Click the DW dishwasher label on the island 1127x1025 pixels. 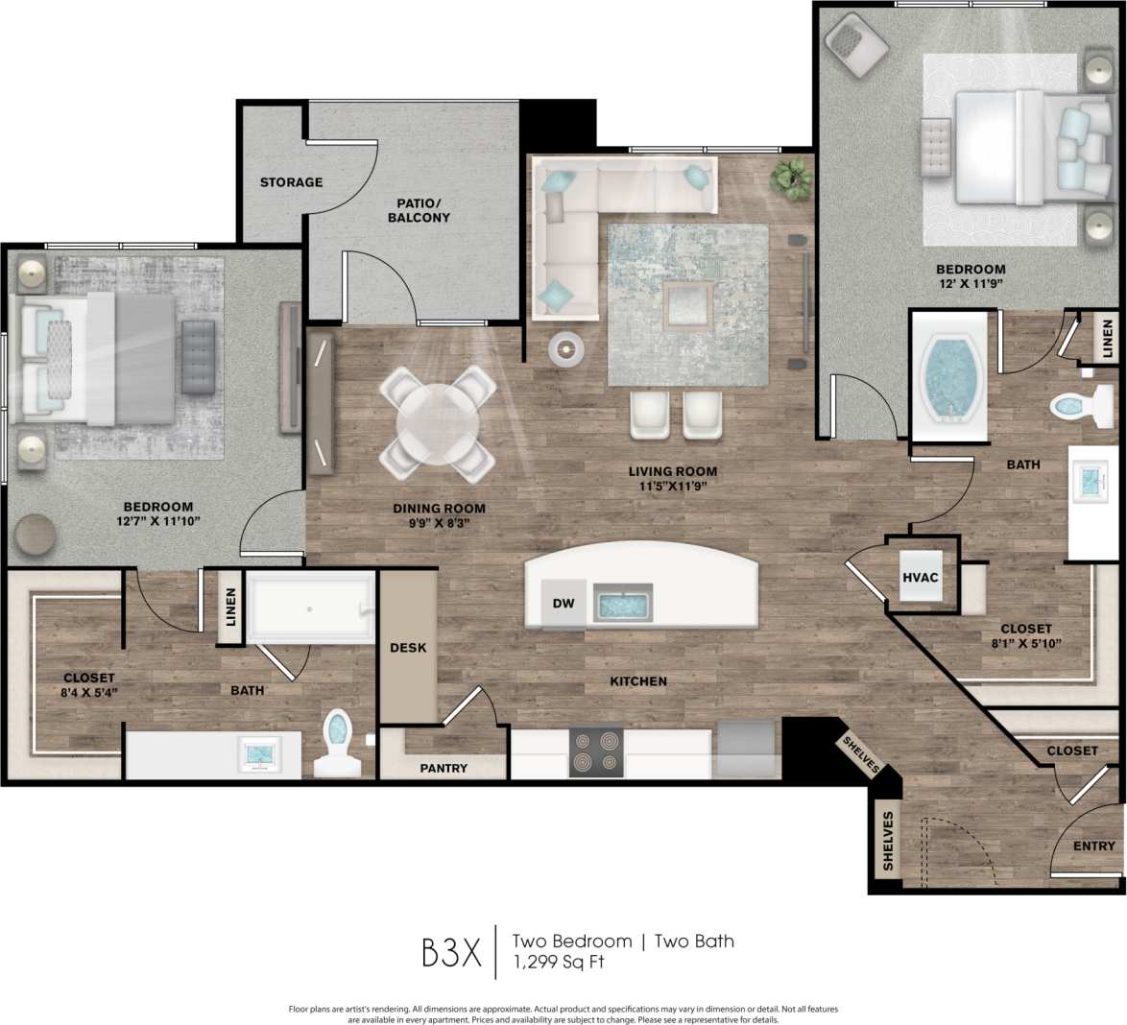(563, 604)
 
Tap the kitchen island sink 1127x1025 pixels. (623, 604)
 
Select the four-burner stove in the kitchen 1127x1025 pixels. (595, 752)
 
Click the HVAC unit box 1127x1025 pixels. (920, 578)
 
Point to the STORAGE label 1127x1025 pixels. (291, 182)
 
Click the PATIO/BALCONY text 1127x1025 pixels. (419, 210)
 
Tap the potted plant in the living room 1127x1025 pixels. (792, 179)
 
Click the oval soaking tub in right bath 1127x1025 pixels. (947, 376)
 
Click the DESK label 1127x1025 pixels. (408, 648)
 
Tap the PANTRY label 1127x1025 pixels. (444, 768)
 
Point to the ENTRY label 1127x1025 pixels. (1094, 846)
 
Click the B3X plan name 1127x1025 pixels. (451, 951)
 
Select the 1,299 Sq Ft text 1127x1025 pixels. (558, 962)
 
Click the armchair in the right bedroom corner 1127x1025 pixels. (858, 44)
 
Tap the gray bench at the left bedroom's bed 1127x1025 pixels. (198, 356)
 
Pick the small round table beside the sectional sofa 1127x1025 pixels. (565, 348)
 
